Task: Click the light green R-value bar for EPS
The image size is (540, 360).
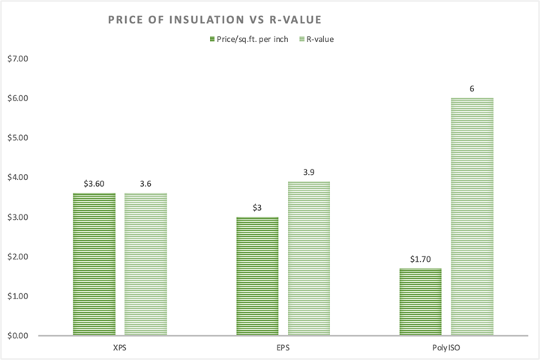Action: pyautogui.click(x=309, y=258)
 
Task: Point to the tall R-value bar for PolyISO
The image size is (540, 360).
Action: pyautogui.click(x=472, y=217)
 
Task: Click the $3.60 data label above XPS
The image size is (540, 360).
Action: pyautogui.click(x=94, y=181)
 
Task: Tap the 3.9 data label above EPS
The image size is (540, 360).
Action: pyautogui.click(x=309, y=172)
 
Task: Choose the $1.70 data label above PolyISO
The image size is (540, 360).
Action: pyautogui.click(x=421, y=259)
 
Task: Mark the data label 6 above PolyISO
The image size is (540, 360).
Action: pyautogui.click(x=472, y=88)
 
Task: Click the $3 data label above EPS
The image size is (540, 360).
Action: pyautogui.click(x=258, y=207)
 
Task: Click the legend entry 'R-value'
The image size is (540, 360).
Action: pyautogui.click(x=316, y=40)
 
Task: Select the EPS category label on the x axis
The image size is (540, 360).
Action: pyautogui.click(x=283, y=348)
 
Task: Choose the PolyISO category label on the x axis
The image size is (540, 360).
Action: pyautogui.click(x=446, y=348)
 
